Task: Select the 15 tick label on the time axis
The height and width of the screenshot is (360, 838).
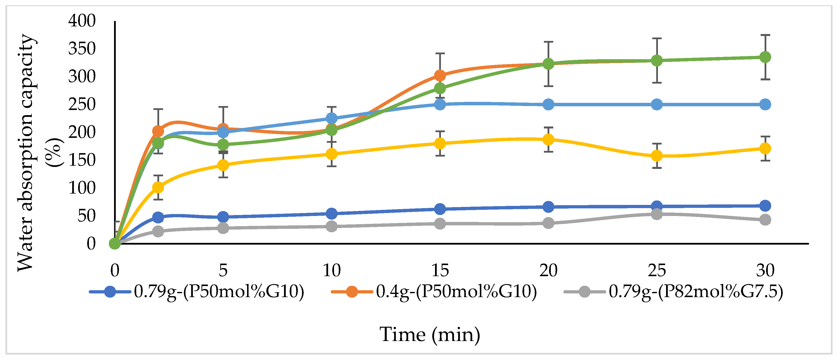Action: [x=440, y=270]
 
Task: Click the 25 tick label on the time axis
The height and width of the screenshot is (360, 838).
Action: [x=656, y=270]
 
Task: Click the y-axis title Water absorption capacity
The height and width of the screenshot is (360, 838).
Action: [x=26, y=152]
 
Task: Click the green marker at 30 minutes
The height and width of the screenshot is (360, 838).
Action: [x=765, y=57]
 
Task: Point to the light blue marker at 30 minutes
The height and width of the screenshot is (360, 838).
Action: [x=765, y=105]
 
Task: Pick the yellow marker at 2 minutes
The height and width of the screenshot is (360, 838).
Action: [x=158, y=187]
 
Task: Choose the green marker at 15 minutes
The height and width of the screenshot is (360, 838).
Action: [x=440, y=89]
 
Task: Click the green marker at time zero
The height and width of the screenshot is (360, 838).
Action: [x=115, y=243]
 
